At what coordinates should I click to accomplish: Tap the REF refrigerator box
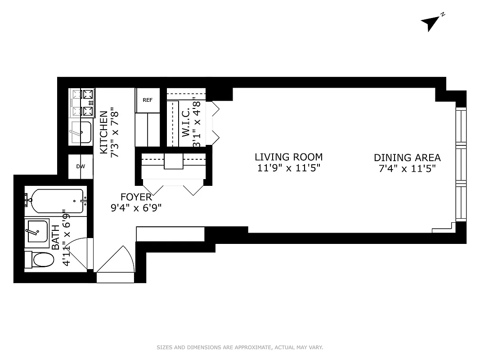coord(148,100)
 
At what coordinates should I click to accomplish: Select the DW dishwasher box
coord(81,166)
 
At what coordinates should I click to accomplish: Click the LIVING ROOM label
coord(288,157)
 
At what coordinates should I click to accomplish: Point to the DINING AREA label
coord(407,157)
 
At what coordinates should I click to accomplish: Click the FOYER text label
coord(136,197)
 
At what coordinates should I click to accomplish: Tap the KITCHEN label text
coord(103,133)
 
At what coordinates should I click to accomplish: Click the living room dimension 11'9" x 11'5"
coord(288,169)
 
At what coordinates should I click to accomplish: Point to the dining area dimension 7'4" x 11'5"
coord(407,169)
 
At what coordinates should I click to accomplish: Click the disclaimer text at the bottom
coord(240,347)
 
